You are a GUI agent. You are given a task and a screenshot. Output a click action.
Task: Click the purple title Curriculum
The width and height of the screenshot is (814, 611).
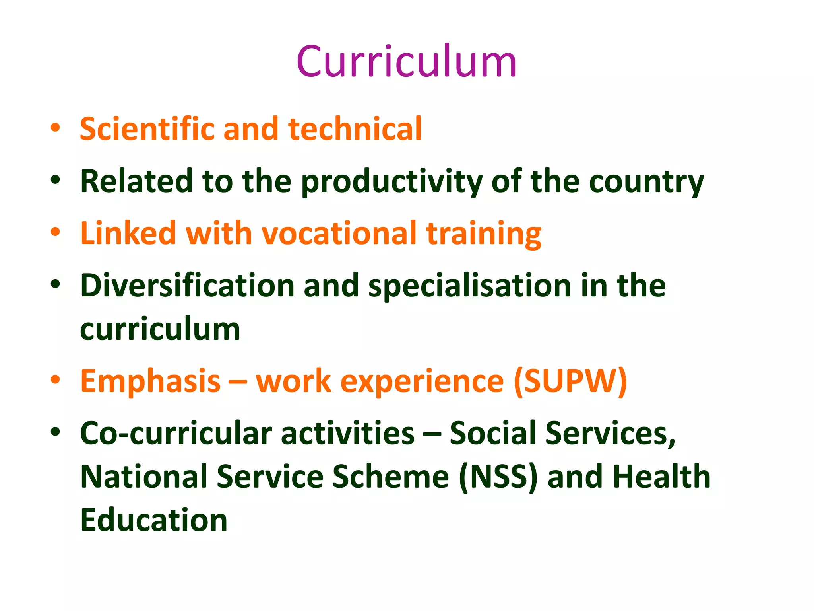coord(406,62)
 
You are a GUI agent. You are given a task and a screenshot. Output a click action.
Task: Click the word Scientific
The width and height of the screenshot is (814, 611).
coord(147,129)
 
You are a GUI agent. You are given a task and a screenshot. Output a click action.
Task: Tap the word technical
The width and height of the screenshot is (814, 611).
coord(355,129)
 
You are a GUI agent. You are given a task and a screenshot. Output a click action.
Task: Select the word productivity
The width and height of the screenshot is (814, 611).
coord(391,182)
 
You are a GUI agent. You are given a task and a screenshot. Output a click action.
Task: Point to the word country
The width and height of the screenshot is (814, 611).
coord(646,182)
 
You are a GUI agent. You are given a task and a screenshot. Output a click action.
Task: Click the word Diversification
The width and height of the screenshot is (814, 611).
coord(187,286)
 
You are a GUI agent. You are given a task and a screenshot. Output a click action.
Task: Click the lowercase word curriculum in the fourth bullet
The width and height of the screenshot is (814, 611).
coord(160,329)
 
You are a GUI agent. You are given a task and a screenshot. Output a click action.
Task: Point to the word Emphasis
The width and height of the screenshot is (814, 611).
coord(150,381)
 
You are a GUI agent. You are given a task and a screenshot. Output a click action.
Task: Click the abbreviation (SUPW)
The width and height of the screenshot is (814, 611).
coord(570,381)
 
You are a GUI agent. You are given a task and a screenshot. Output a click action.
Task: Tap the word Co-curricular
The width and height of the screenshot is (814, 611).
coord(176,433)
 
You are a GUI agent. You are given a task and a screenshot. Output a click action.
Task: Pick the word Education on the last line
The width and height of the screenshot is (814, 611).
coord(154,520)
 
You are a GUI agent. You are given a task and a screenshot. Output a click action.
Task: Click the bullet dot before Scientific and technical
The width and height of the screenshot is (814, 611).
coord(55,128)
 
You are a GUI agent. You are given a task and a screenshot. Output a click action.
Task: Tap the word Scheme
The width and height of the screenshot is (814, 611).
coord(391,477)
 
